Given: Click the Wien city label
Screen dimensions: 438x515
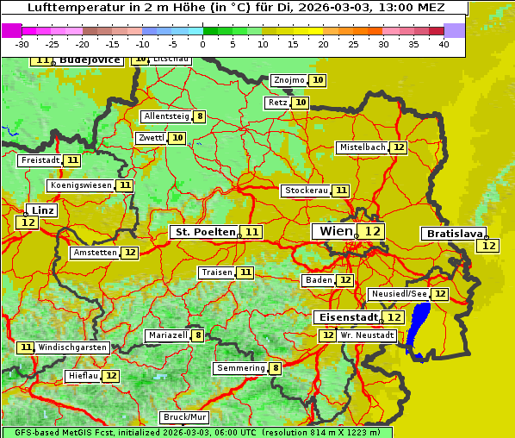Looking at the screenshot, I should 336,231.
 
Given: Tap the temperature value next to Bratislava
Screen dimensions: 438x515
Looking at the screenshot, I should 488,246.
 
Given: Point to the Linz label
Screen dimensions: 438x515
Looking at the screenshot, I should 41,210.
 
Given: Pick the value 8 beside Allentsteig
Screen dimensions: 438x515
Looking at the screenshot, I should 200,116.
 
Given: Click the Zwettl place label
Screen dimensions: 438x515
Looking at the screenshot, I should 151,138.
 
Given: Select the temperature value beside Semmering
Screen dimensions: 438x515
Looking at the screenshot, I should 276,368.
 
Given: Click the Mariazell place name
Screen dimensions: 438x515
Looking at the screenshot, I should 167,335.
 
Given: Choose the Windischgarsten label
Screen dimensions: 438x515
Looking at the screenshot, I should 72,347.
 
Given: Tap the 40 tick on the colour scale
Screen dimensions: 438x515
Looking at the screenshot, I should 444,44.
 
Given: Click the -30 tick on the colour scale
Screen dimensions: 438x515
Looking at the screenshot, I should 22,44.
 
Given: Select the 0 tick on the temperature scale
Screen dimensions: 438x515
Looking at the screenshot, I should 203,44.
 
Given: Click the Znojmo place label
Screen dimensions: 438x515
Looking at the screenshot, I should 289,80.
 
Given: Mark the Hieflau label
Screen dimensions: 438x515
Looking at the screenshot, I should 84,376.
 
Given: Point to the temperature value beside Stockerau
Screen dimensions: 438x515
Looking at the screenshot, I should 342,191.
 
